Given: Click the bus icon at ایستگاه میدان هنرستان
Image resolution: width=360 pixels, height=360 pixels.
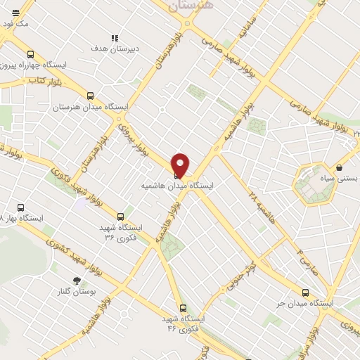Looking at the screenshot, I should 90,96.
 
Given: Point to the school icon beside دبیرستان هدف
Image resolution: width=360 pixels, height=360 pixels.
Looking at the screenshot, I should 114,38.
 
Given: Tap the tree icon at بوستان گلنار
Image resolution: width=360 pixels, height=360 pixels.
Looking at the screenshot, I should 76,281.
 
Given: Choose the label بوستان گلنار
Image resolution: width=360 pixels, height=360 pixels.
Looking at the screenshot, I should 75,291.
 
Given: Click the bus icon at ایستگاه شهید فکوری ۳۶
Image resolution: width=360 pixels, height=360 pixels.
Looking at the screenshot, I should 121,217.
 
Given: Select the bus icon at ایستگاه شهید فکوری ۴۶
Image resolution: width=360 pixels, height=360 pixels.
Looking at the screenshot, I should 183,308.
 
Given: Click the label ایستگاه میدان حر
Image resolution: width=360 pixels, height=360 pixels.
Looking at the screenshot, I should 303,303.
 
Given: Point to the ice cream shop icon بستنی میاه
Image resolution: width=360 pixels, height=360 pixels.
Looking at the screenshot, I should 340,168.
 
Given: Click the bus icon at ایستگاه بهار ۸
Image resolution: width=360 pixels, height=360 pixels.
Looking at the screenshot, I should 20,208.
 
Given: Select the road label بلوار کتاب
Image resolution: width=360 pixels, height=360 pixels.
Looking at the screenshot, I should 27,82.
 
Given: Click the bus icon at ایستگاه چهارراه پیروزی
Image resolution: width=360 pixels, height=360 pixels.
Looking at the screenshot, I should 30,54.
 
